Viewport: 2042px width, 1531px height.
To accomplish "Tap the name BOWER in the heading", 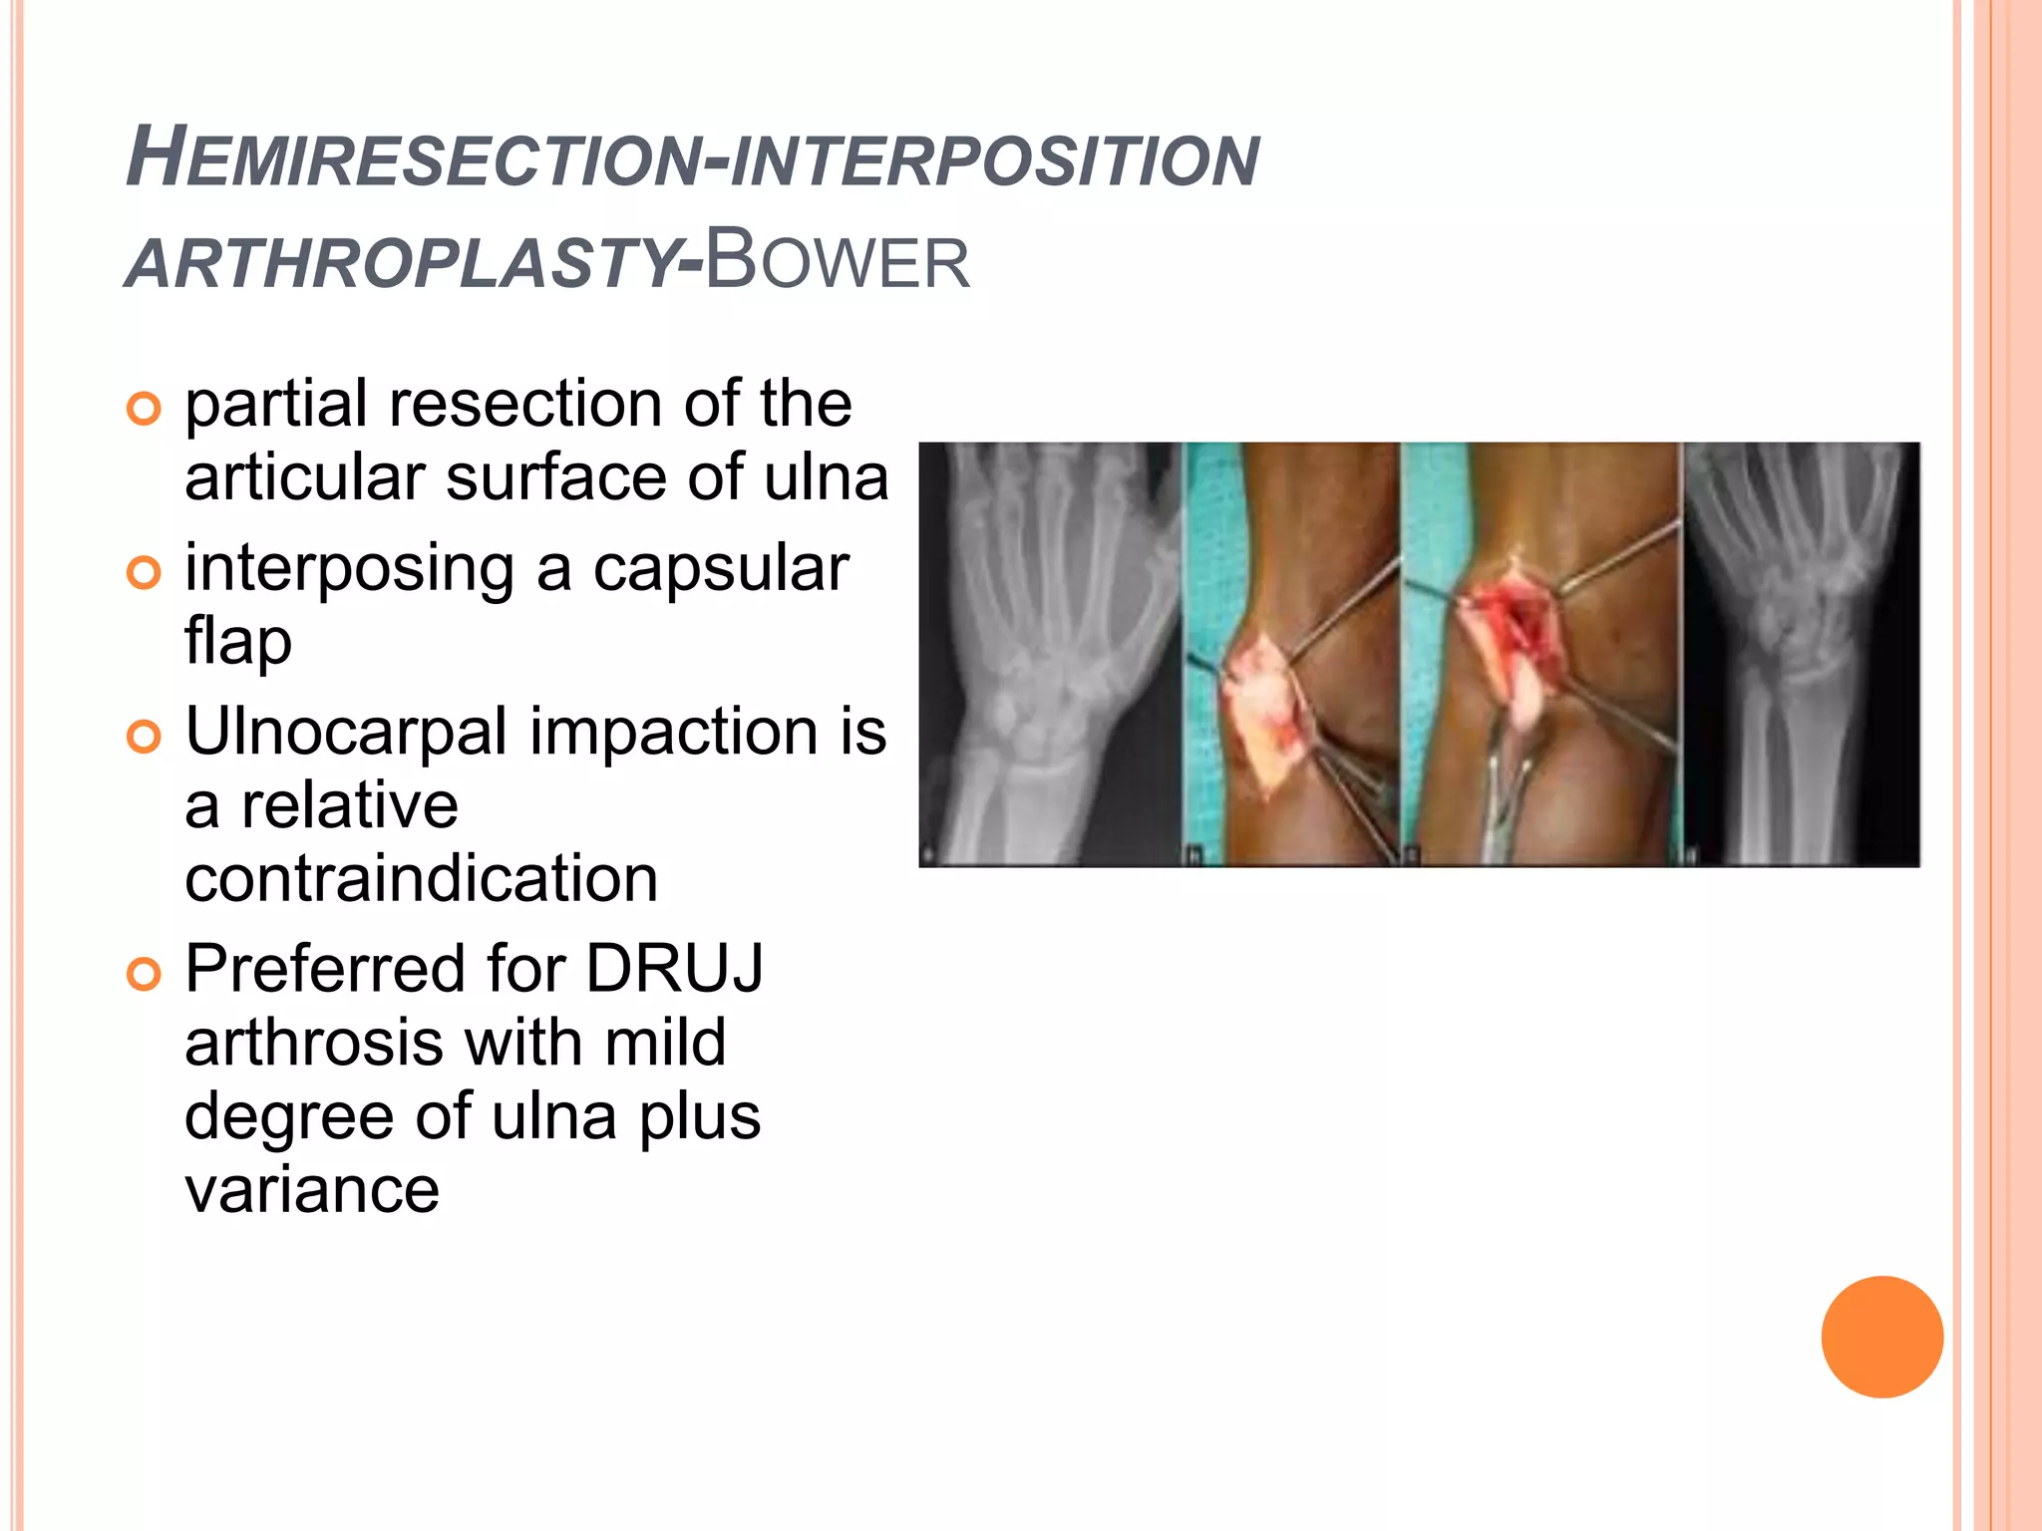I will [838, 261].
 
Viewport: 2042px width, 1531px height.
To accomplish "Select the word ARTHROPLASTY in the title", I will [404, 265].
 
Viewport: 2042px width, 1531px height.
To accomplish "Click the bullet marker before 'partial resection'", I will [145, 409].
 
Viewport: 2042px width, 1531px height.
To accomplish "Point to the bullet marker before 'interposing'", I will [145, 573].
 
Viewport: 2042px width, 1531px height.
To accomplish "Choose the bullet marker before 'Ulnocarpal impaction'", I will [145, 737].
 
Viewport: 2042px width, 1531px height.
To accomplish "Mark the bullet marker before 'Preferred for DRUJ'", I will [145, 974].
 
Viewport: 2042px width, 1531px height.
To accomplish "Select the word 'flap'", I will [238, 642].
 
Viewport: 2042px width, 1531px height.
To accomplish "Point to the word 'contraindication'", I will [421, 879].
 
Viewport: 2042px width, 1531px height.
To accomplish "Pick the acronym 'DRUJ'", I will [674, 969].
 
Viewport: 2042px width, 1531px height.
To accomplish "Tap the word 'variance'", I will [312, 1190].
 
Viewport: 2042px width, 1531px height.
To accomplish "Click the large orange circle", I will [1881, 1337].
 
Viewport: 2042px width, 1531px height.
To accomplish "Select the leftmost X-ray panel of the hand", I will [1049, 654].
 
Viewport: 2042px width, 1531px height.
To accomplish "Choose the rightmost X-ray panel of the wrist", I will [1801, 654].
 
